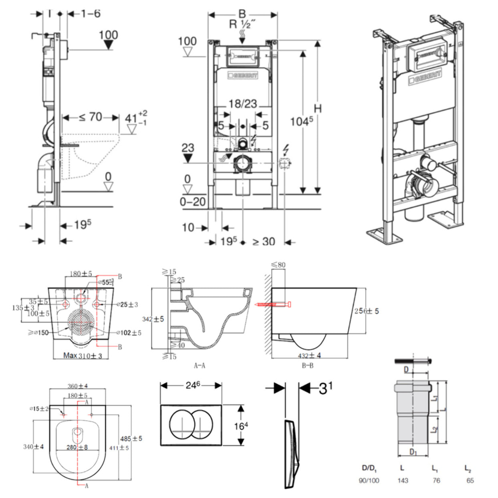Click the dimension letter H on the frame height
pos(318,108)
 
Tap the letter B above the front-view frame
pos(242,14)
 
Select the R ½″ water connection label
pos(242,25)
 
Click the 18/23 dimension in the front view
pos(243,104)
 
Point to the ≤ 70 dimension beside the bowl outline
pos(91,117)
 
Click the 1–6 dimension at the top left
pos(91,14)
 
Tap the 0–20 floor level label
pos(192,202)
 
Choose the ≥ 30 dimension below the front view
pos(263,242)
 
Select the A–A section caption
pos(200,365)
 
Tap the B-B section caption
pos(307,365)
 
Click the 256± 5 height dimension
pos(366,311)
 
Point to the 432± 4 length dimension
pos(309,355)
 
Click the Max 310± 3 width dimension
pos(83,355)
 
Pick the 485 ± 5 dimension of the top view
pos(131,438)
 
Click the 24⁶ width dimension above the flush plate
pos(192,385)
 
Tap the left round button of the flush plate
pos(182,425)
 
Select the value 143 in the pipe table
pos(403,480)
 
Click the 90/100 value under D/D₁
pos(369,480)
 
